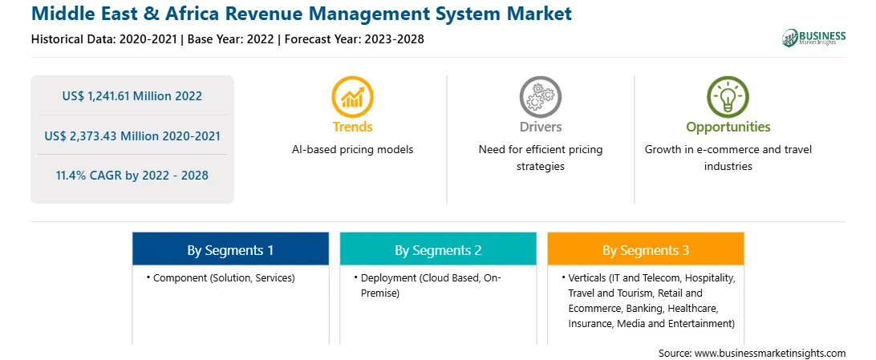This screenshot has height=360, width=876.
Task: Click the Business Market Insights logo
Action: click(813, 38)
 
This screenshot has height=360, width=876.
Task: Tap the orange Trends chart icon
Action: click(352, 96)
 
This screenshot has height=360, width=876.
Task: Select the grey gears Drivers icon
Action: click(540, 96)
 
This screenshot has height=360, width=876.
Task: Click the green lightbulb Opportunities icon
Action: click(728, 96)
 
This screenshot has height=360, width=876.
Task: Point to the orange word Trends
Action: click(352, 127)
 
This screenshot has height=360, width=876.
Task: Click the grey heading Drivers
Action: click(540, 127)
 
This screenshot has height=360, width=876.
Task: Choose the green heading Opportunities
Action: click(728, 127)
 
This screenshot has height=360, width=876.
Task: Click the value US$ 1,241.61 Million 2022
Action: click(132, 96)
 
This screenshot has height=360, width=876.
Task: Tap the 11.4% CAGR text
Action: click(132, 176)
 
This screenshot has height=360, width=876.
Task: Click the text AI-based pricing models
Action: click(352, 150)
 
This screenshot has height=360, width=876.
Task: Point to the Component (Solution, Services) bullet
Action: click(220, 278)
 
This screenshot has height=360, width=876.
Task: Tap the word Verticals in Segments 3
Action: click(586, 278)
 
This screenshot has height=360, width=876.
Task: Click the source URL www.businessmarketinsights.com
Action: click(771, 353)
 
